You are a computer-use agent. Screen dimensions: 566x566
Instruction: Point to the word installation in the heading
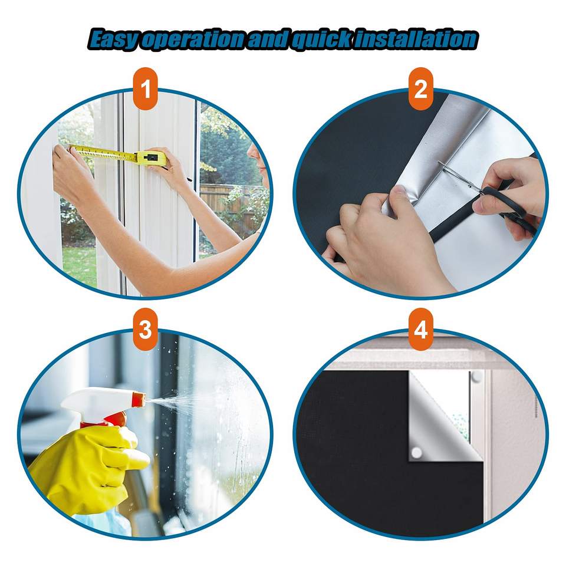[x=414, y=39]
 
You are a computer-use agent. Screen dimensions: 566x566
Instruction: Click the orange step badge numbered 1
[x=146, y=88]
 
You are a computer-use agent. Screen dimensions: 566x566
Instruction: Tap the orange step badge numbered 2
[x=420, y=88]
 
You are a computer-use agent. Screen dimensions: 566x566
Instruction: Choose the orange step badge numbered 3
[x=146, y=329]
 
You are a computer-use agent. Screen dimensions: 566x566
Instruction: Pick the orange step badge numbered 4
[x=420, y=329]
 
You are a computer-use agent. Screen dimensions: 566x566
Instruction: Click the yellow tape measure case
[x=151, y=158]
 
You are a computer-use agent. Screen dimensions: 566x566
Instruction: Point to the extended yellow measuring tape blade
[x=103, y=153]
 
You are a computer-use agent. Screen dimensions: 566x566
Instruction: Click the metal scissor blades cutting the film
[x=459, y=177]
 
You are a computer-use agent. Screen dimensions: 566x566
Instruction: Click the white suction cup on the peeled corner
[x=417, y=452]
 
